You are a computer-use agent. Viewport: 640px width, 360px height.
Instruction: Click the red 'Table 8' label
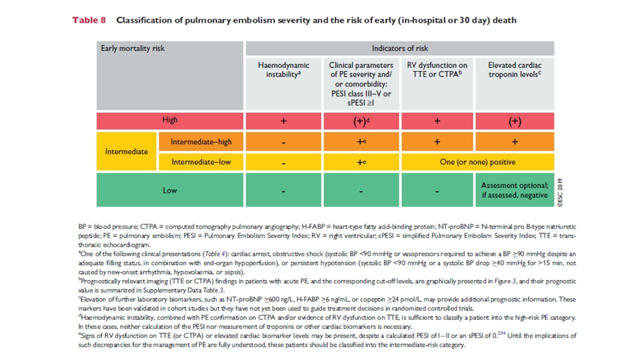click(x=89, y=20)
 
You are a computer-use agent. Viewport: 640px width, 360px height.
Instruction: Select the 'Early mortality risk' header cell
click(x=169, y=75)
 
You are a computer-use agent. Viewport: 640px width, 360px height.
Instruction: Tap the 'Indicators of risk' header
click(x=399, y=48)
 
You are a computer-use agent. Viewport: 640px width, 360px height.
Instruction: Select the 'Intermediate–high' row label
click(x=201, y=141)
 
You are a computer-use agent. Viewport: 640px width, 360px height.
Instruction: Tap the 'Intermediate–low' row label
click(x=201, y=162)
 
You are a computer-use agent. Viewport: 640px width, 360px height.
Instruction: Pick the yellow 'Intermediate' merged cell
click(x=126, y=151)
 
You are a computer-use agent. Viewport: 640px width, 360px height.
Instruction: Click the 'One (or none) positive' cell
click(x=477, y=162)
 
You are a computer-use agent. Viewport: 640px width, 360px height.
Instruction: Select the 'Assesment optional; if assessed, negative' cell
click(x=514, y=189)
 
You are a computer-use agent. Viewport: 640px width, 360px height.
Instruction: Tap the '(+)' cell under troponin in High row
click(x=514, y=121)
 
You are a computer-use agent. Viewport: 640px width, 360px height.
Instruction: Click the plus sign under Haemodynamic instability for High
click(x=283, y=121)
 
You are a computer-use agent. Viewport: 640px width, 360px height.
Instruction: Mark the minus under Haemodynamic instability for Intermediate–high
click(x=283, y=142)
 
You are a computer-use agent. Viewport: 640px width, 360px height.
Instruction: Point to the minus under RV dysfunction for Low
click(x=437, y=191)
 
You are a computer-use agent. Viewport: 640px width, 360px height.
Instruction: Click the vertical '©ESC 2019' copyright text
click(x=560, y=192)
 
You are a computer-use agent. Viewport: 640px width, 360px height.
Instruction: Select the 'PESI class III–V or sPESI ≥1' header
click(x=361, y=98)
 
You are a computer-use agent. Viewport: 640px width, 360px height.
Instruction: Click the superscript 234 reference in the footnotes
click(x=501, y=333)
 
